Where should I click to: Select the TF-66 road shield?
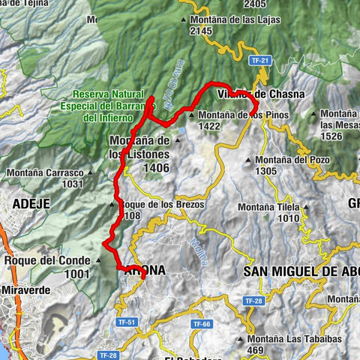coord(200,324)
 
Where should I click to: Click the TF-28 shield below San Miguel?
coord(253,301)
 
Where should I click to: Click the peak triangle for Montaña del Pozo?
coord(249,159)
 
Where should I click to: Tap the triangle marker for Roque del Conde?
coord(99,261)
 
